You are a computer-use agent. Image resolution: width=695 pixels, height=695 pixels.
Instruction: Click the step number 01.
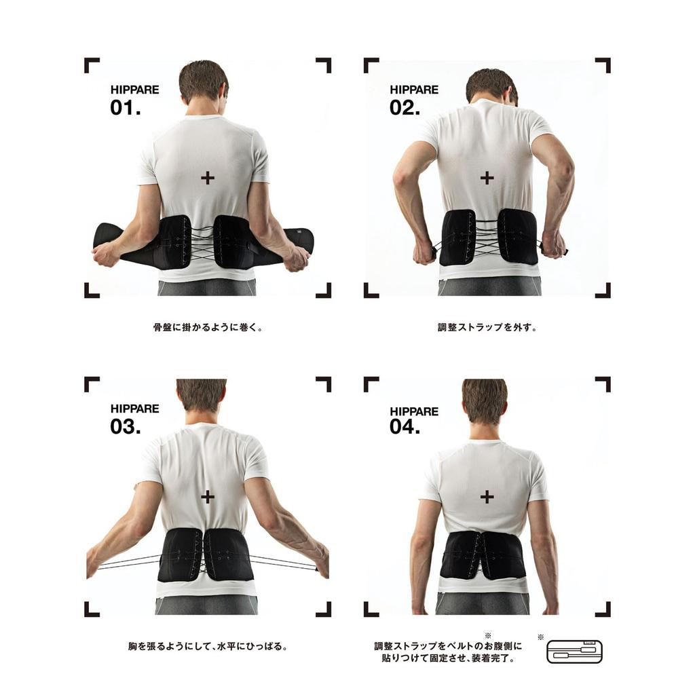[126, 107]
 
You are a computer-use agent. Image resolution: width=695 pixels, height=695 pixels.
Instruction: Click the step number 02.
[405, 107]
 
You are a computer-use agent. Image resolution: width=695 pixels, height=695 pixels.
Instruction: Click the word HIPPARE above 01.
[134, 90]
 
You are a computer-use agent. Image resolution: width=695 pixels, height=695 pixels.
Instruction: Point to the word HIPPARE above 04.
[414, 411]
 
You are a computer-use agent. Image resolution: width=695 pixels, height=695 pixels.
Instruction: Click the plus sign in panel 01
[208, 178]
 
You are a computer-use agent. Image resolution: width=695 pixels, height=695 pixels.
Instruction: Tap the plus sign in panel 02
[487, 178]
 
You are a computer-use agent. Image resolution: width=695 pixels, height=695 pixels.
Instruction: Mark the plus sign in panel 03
[208, 497]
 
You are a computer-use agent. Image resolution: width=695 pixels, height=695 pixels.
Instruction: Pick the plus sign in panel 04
[487, 497]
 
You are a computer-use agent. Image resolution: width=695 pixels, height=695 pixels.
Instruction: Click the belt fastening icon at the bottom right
[574, 652]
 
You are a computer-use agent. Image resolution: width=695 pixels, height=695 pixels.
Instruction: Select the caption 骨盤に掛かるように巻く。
[208, 327]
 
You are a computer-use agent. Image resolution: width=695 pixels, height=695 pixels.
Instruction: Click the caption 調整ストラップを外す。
[487, 327]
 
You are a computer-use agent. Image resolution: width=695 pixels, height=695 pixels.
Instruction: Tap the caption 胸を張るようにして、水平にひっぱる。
[208, 646]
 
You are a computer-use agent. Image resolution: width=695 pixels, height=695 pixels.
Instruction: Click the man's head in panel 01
[204, 83]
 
